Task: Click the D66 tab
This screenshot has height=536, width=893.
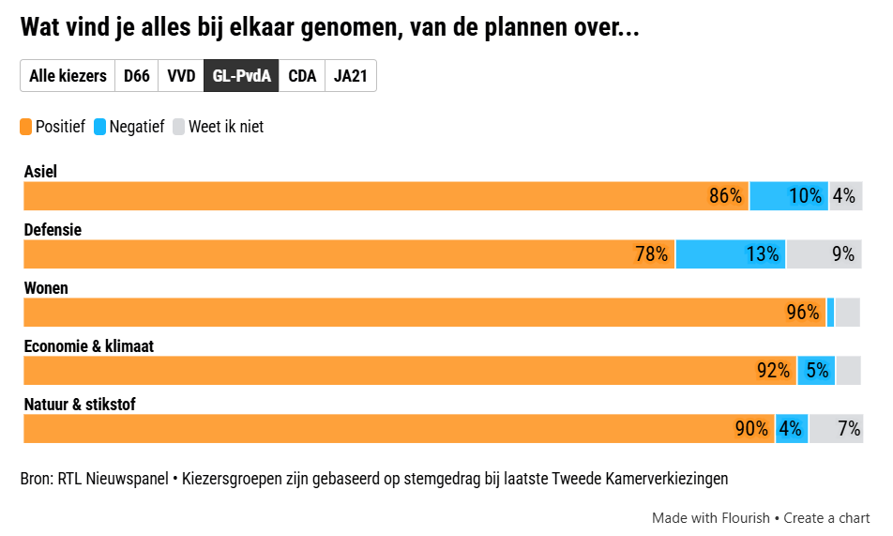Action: pyautogui.click(x=137, y=76)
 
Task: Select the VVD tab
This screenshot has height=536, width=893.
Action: pyautogui.click(x=181, y=76)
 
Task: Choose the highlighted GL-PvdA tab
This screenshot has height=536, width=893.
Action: pyautogui.click(x=241, y=76)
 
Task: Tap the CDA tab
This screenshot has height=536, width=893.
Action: pyautogui.click(x=302, y=76)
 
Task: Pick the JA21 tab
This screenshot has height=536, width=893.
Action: pyautogui.click(x=350, y=76)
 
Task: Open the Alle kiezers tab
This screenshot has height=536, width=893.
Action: pyautogui.click(x=68, y=76)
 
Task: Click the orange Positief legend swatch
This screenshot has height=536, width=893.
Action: pyautogui.click(x=26, y=127)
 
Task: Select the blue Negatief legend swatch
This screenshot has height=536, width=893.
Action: pyautogui.click(x=100, y=127)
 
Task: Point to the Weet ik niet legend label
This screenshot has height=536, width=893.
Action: pyautogui.click(x=225, y=127)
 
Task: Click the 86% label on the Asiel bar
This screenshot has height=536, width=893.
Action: pyautogui.click(x=725, y=196)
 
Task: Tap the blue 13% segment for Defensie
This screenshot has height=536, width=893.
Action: pyautogui.click(x=731, y=254)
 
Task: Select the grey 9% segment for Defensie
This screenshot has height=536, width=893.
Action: pyautogui.click(x=824, y=254)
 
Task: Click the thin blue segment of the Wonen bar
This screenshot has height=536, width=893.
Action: pyautogui.click(x=831, y=313)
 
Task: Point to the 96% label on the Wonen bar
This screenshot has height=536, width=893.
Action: pyautogui.click(x=803, y=313)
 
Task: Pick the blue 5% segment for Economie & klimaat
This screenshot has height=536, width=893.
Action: pyautogui.click(x=816, y=371)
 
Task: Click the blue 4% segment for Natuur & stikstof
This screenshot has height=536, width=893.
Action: pyautogui.click(x=791, y=429)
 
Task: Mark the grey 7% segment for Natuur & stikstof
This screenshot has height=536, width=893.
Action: pyautogui.click(x=835, y=429)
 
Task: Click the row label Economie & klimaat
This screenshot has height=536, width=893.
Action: pyautogui.click(x=88, y=346)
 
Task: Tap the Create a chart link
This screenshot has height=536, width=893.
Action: pyautogui.click(x=826, y=518)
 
